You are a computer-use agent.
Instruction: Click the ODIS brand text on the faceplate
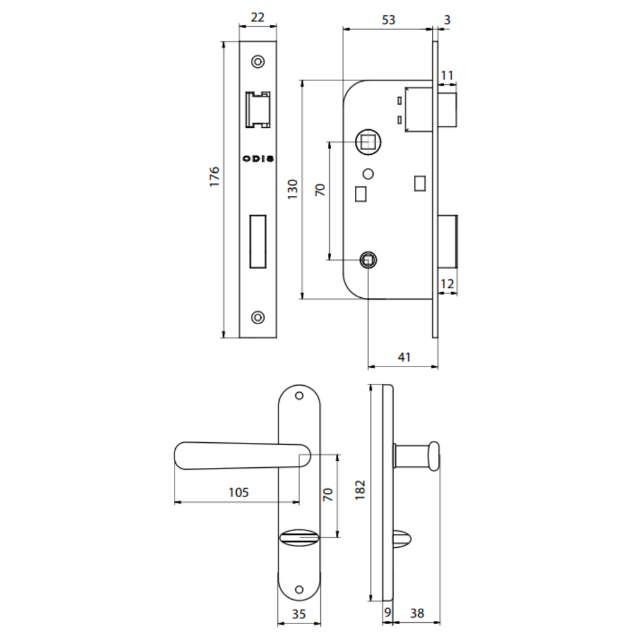coord(258,159)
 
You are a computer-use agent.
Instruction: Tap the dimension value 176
coord(214,177)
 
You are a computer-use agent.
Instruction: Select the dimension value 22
coord(257,17)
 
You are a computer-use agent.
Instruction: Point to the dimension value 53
coord(388,20)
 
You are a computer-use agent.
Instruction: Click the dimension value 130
coord(292,189)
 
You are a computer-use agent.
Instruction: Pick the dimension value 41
coord(404,357)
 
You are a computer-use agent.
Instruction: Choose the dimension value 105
coord(238,492)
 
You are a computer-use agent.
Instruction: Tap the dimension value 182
coord(360,490)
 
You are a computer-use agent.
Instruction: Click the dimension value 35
coord(299,614)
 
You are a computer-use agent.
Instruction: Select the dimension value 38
coord(417,613)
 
